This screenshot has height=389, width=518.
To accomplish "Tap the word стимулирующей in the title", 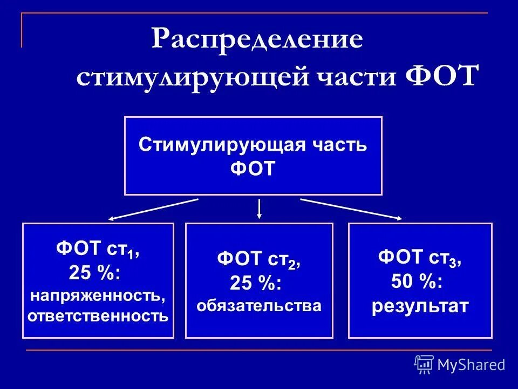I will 193,76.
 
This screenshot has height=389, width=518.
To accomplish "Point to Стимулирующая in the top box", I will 219,145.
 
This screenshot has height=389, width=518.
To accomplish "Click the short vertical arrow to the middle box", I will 260,209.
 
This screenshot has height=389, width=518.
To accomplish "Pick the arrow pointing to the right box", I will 351,209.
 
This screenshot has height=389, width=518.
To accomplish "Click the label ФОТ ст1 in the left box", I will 97,251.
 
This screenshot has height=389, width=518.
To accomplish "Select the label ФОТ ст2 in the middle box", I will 258,260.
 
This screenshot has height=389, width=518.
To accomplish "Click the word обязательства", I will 259,306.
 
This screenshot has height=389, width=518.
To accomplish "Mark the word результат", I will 420,306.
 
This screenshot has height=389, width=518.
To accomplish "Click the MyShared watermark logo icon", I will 424,364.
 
